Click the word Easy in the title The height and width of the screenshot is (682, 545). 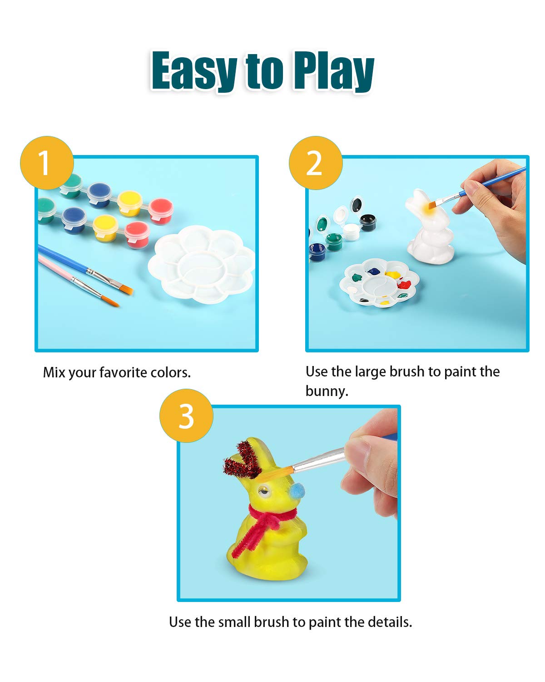(x=194, y=70)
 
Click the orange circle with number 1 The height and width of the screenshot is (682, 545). (x=47, y=163)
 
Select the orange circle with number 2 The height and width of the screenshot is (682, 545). (x=315, y=163)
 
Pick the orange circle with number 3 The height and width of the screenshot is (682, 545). (x=186, y=416)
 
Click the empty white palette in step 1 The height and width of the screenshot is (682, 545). (x=202, y=264)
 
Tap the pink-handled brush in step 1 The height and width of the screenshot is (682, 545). (x=78, y=281)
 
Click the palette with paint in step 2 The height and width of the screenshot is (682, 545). (x=379, y=283)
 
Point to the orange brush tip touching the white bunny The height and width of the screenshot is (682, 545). (x=432, y=205)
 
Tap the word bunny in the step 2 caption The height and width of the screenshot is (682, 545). (x=326, y=391)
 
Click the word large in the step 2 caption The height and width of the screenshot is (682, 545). (x=370, y=372)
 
